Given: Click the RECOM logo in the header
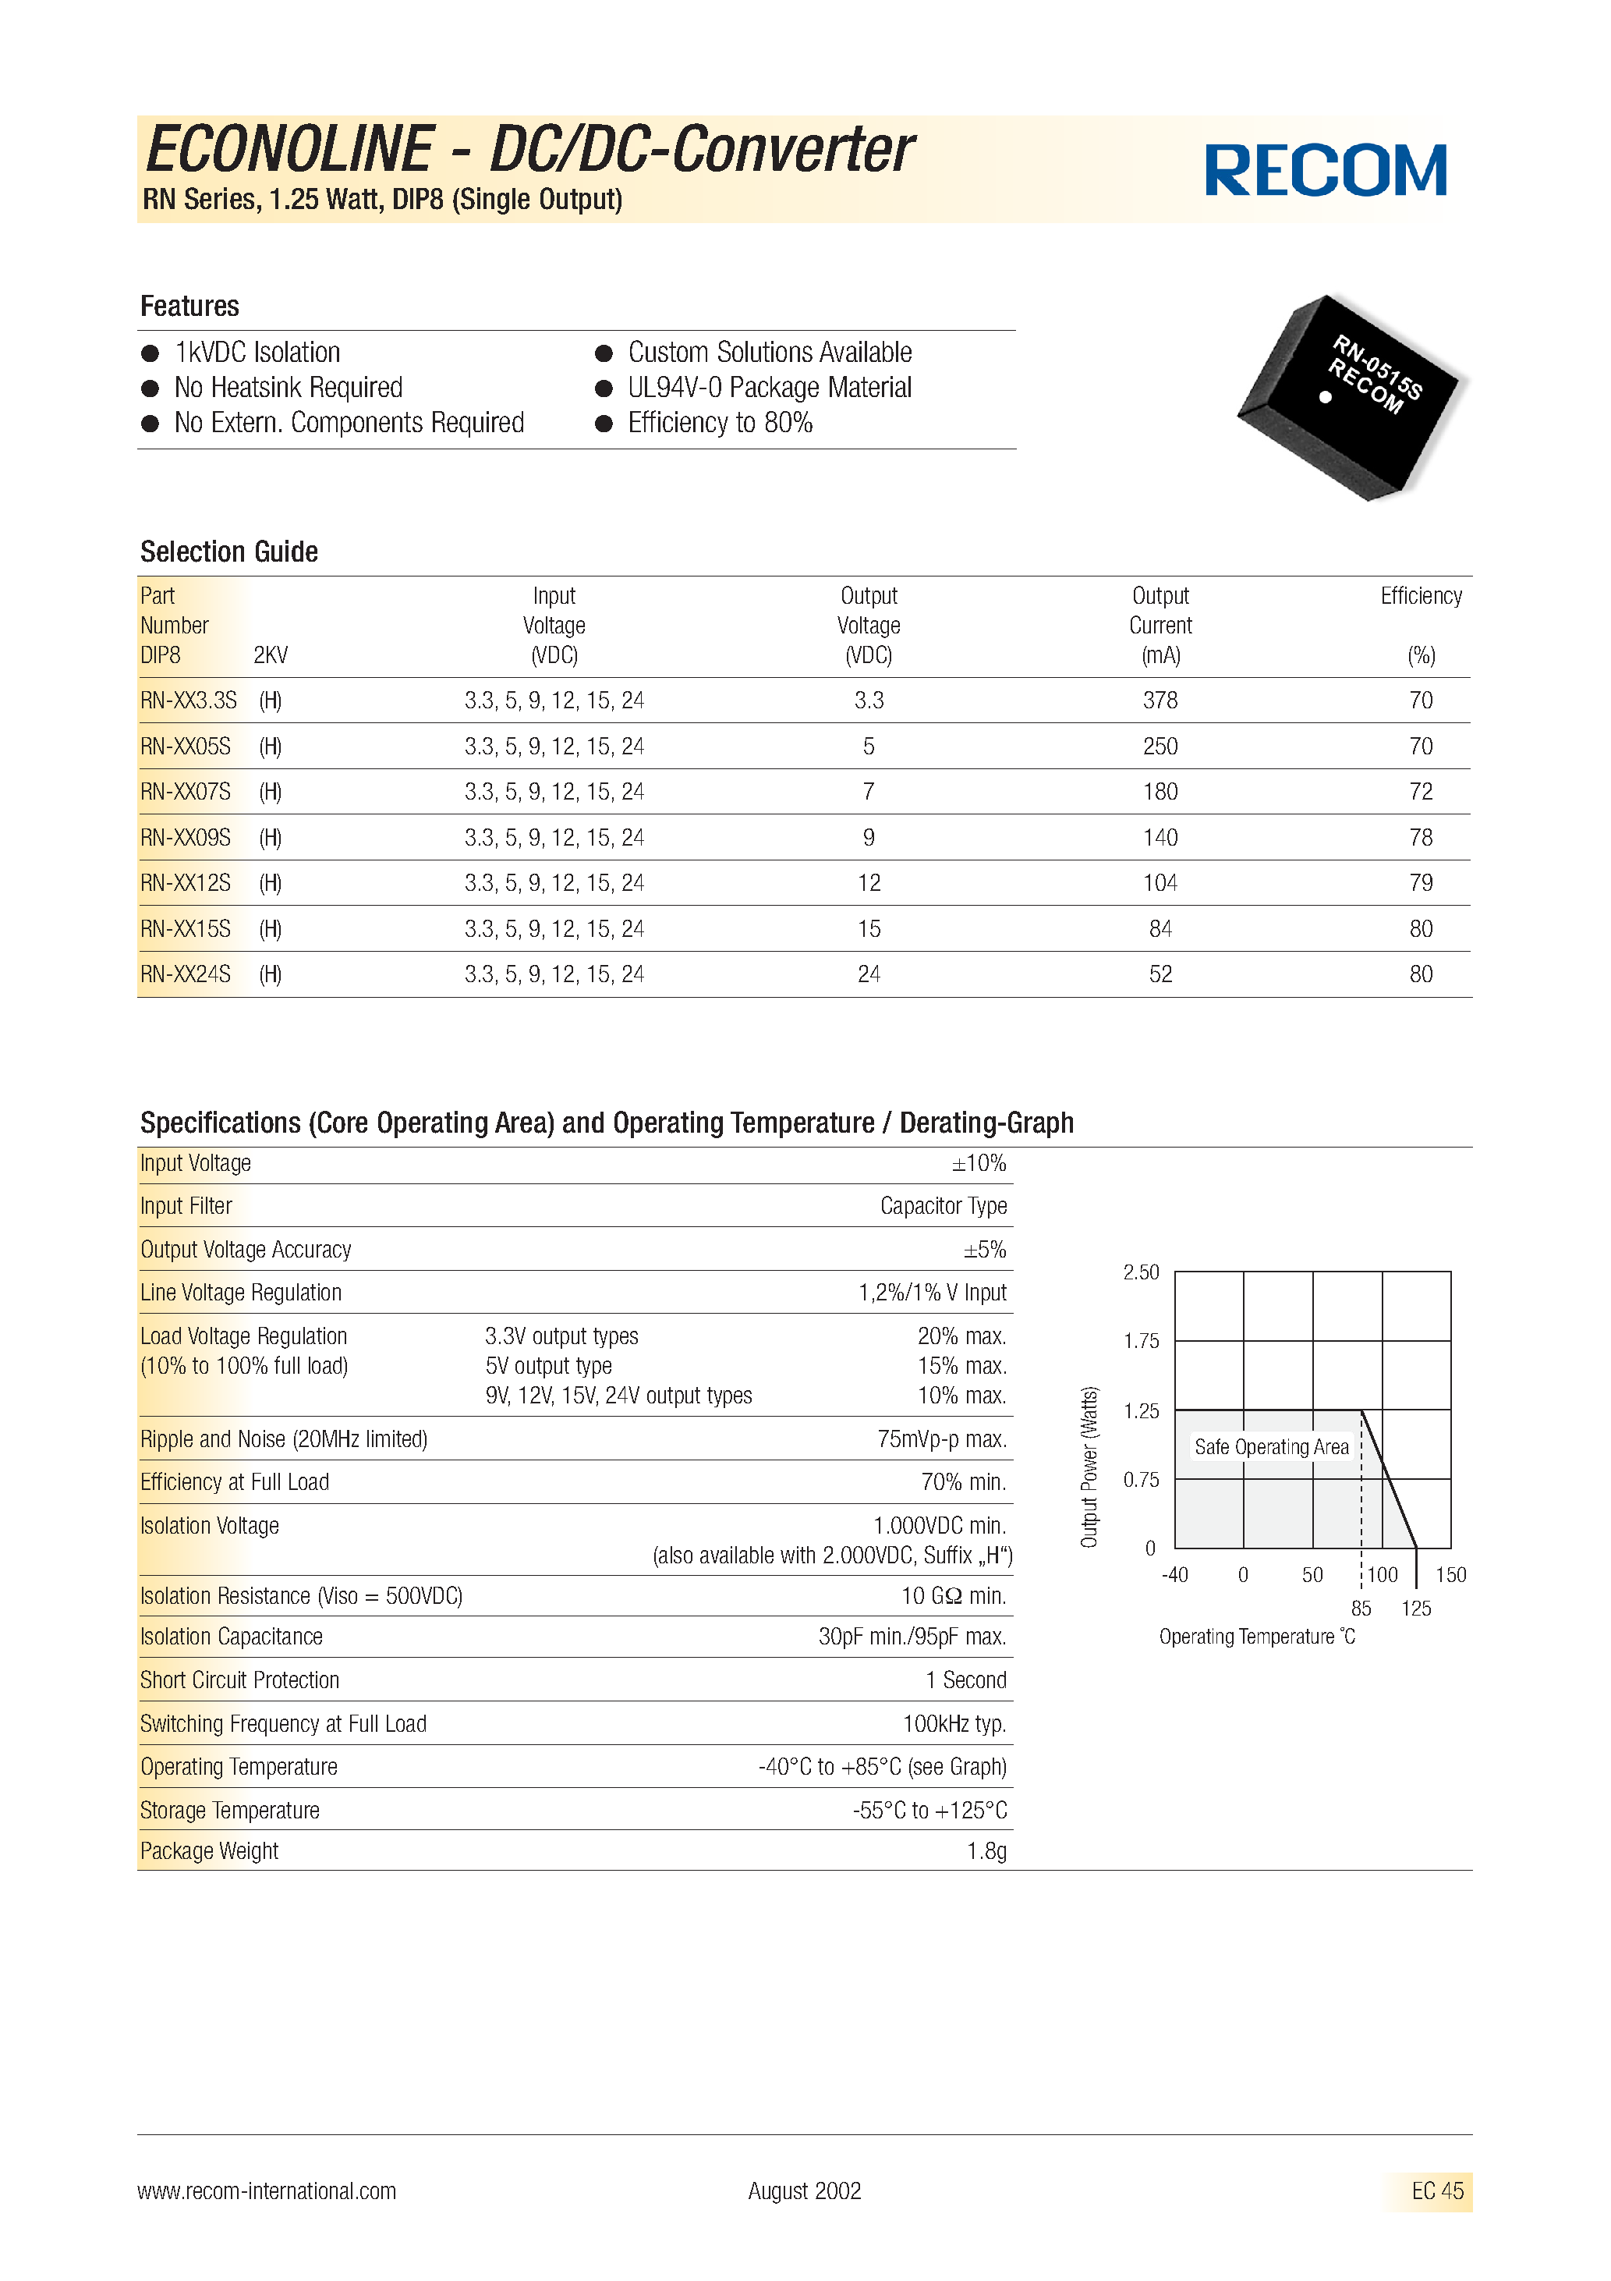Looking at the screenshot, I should click(1325, 170).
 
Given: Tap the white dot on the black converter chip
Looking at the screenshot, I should click(1325, 397).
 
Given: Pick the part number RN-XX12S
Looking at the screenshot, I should click(186, 883).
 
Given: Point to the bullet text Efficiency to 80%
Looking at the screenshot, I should click(719, 424).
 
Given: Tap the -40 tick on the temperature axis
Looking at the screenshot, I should click(1174, 1575).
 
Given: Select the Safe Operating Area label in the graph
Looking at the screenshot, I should click(1270, 1448).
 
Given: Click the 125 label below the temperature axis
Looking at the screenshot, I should click(1415, 1609).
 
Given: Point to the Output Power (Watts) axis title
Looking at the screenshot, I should click(1089, 1467).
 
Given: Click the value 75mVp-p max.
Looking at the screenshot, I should click(942, 1439).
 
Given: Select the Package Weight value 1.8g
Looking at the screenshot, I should click(986, 1852).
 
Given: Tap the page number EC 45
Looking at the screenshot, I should click(1436, 2191).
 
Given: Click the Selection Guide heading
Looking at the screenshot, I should click(228, 552).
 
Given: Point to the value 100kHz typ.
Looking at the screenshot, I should click(954, 1725).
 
